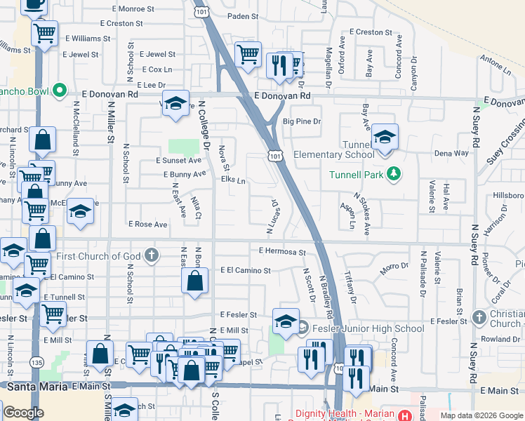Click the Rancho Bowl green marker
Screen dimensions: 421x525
[60, 91]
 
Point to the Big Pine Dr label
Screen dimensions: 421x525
[301, 121]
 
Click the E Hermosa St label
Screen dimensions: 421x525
[282, 251]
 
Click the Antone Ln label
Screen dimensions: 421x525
[498, 67]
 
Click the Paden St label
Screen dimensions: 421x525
[243, 15]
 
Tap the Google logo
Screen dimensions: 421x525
[22, 413]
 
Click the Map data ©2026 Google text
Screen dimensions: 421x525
[481, 415]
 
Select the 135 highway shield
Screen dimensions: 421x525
[37, 362]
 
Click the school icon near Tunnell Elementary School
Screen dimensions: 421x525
[385, 137]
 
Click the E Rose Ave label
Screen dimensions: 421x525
[147, 225]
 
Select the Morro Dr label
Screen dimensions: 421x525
[394, 267]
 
